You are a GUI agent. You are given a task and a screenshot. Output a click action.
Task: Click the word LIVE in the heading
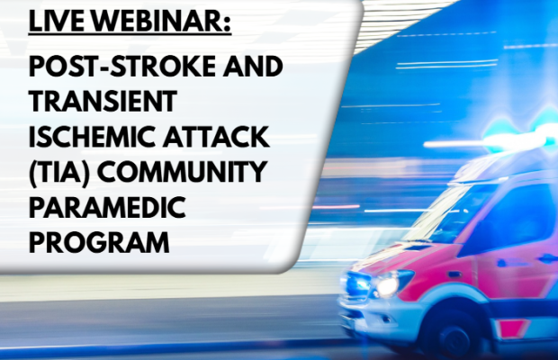click(x=51, y=19)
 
